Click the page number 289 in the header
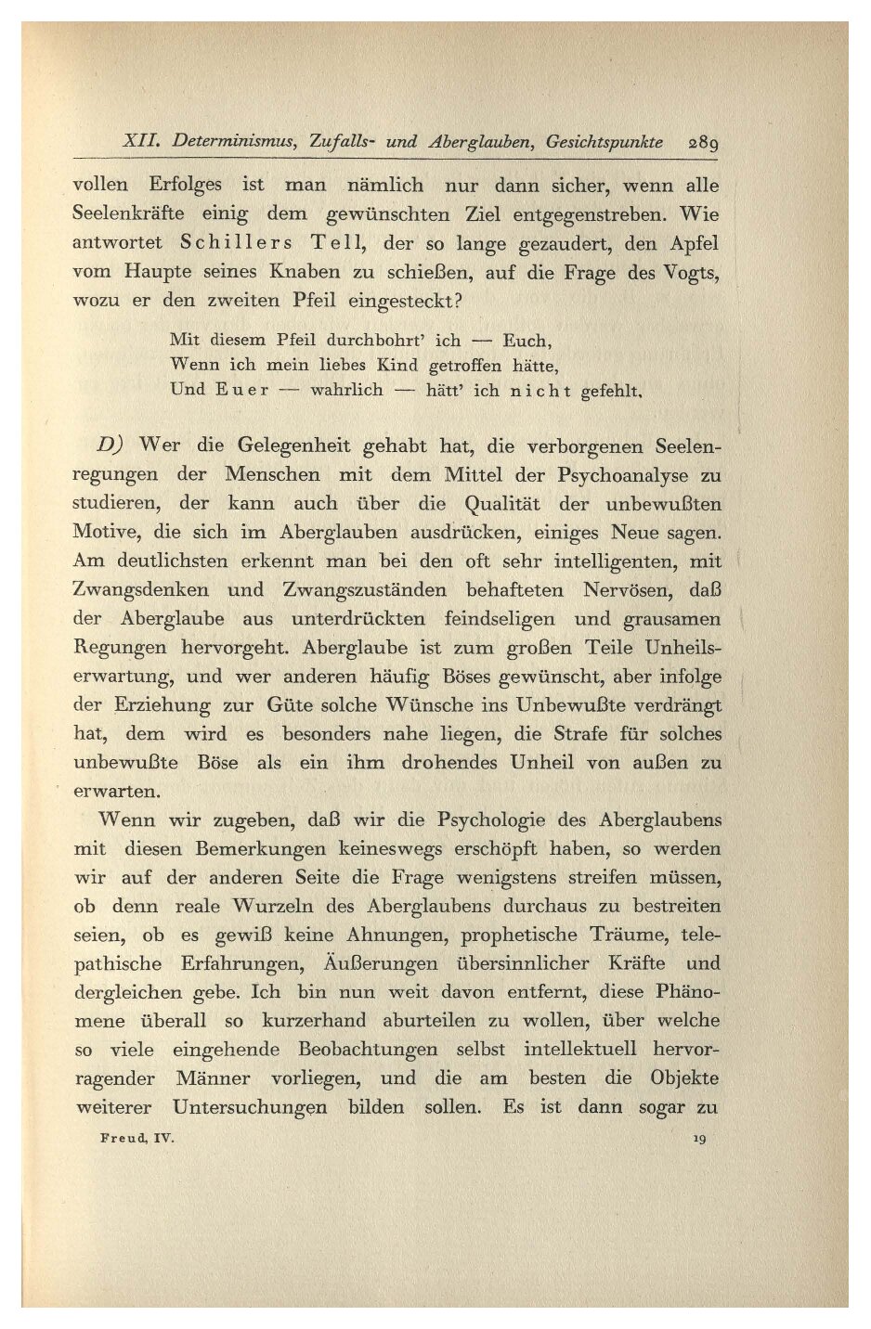[x=704, y=144]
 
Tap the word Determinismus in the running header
[x=234, y=143]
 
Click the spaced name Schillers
[x=236, y=243]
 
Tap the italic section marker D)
[x=117, y=445]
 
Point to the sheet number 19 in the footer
[x=698, y=1138]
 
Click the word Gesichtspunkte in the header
[x=604, y=143]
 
